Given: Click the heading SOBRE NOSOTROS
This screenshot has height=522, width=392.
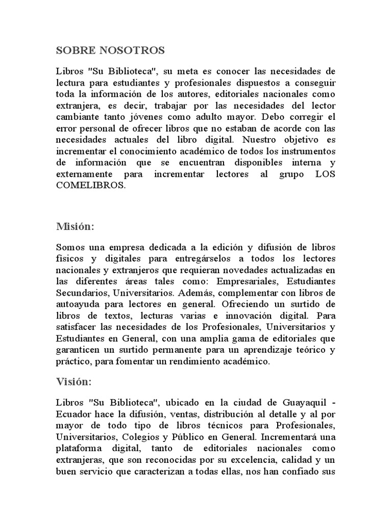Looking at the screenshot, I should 110,50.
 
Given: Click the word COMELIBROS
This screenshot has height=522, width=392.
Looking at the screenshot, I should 90,186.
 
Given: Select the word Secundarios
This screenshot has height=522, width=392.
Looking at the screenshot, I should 80,293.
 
